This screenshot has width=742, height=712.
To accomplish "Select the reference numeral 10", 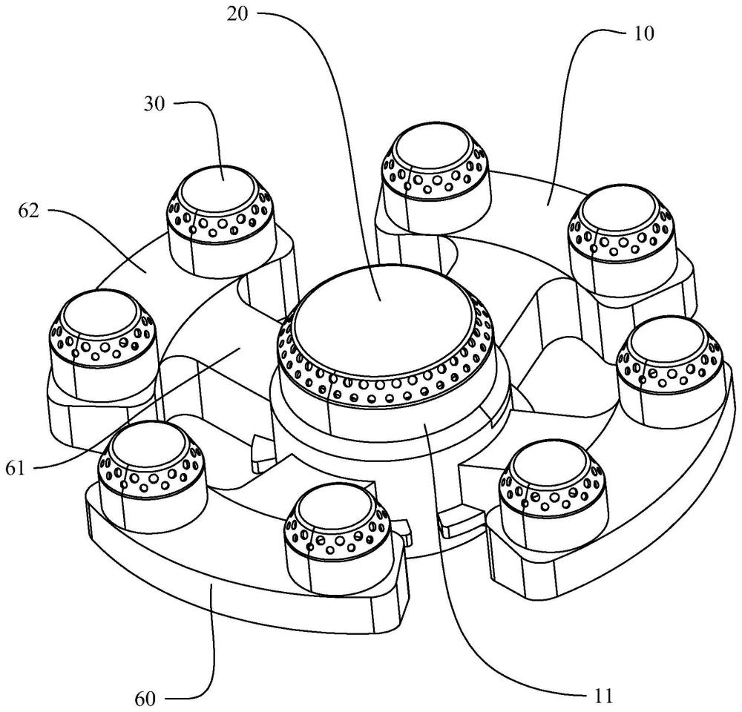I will (643, 33).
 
